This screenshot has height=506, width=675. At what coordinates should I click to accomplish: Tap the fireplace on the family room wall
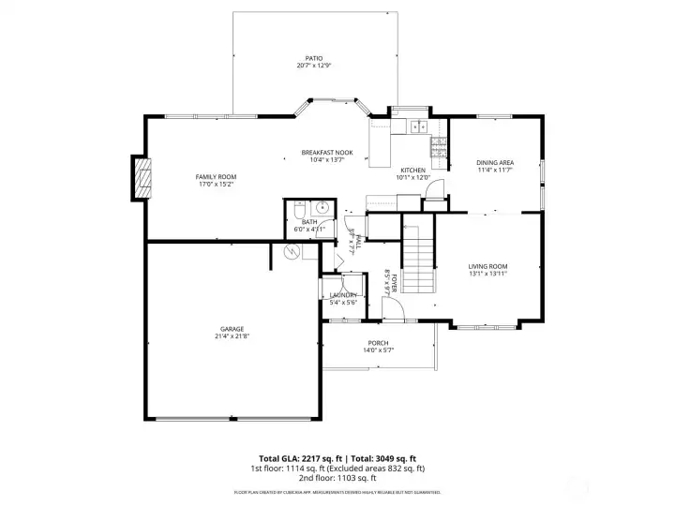(141, 177)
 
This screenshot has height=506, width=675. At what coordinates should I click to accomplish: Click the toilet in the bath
(298, 208)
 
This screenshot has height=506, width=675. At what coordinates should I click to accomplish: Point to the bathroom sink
(320, 208)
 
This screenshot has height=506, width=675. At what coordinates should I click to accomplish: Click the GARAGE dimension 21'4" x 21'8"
(232, 336)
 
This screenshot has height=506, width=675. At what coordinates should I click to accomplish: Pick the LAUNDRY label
(342, 295)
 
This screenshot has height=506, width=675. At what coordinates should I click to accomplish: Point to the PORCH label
(378, 343)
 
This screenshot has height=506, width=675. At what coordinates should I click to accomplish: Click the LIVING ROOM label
(487, 267)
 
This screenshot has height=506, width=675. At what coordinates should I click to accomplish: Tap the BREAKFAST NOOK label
(326, 152)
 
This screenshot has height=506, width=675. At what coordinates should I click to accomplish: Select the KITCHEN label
(412, 170)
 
